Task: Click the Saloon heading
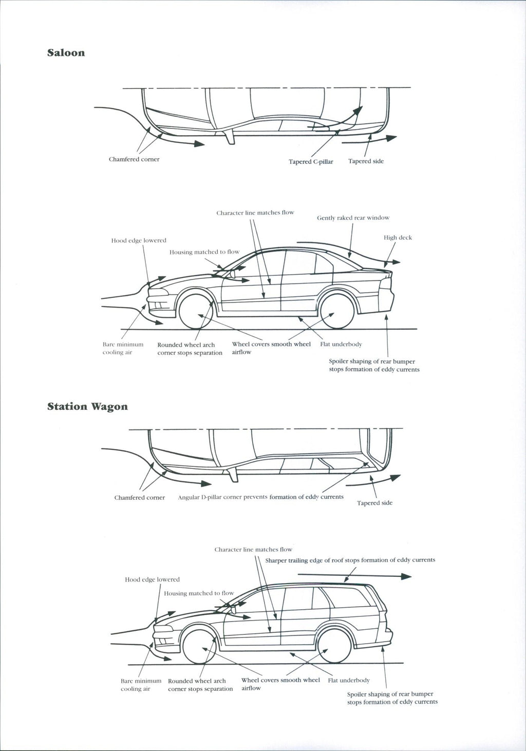point(66,53)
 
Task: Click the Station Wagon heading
point(87,407)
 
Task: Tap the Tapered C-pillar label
point(311,162)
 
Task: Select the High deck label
point(398,238)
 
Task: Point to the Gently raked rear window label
point(353,218)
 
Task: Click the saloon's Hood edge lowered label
point(139,240)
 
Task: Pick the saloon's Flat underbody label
point(341,344)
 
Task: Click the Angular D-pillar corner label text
point(260,497)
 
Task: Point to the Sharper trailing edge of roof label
point(350,560)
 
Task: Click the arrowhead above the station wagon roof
point(406,577)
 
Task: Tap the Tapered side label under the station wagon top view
point(374,503)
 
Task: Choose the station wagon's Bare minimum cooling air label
point(141,685)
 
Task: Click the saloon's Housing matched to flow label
point(204,252)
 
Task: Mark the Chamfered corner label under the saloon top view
point(134,159)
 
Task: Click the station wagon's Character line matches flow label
point(253,550)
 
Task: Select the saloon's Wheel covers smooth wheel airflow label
point(271,348)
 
